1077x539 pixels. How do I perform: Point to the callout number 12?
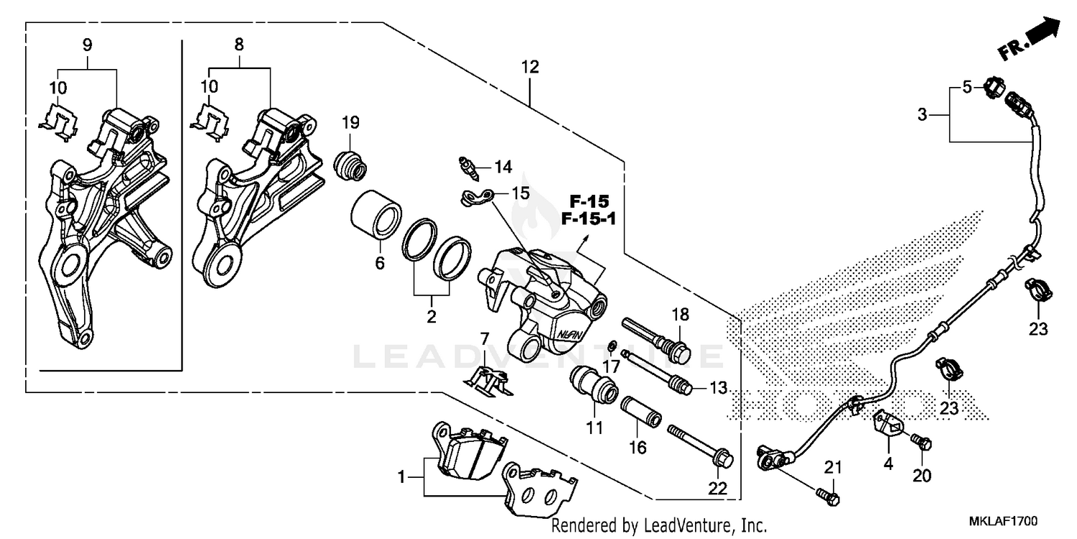[x=530, y=68]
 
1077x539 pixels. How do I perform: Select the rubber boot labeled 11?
[x=595, y=384]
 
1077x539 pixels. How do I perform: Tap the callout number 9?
[x=87, y=45]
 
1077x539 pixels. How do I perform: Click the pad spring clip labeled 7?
[x=490, y=380]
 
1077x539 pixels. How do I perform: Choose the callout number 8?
[x=239, y=45]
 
